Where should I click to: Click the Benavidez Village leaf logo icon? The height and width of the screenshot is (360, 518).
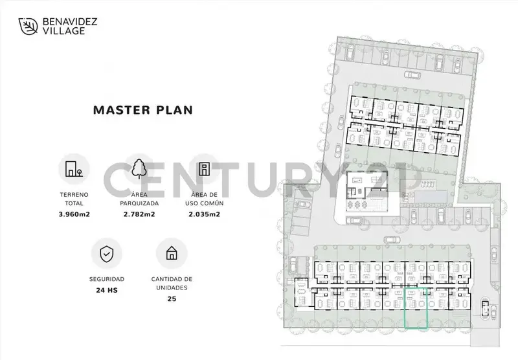click(28, 27)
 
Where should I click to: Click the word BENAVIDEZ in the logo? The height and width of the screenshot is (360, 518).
click(70, 22)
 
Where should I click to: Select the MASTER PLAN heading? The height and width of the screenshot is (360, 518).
click(143, 110)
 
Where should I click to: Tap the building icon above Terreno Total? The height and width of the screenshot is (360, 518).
click(74, 169)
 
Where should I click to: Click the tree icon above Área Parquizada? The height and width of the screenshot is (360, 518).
click(139, 168)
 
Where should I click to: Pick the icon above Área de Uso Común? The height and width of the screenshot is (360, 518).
click(204, 169)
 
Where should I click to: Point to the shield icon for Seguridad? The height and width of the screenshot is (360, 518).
click(106, 254)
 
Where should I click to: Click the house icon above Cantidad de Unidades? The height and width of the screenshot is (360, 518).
click(172, 253)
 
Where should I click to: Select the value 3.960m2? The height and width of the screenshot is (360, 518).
click(74, 214)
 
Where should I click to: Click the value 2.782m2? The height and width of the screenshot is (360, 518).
click(139, 214)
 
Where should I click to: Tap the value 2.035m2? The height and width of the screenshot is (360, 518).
click(204, 214)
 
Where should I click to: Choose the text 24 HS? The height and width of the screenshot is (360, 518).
click(107, 290)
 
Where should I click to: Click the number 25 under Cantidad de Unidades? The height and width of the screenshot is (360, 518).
click(172, 299)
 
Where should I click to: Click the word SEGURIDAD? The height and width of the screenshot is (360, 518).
click(107, 279)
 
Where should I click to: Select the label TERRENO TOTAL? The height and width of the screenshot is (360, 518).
click(74, 199)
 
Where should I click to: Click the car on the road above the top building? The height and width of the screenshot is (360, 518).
click(412, 74)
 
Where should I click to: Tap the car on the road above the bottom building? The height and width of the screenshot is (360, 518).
click(392, 240)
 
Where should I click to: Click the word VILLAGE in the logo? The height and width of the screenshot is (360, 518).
click(63, 31)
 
